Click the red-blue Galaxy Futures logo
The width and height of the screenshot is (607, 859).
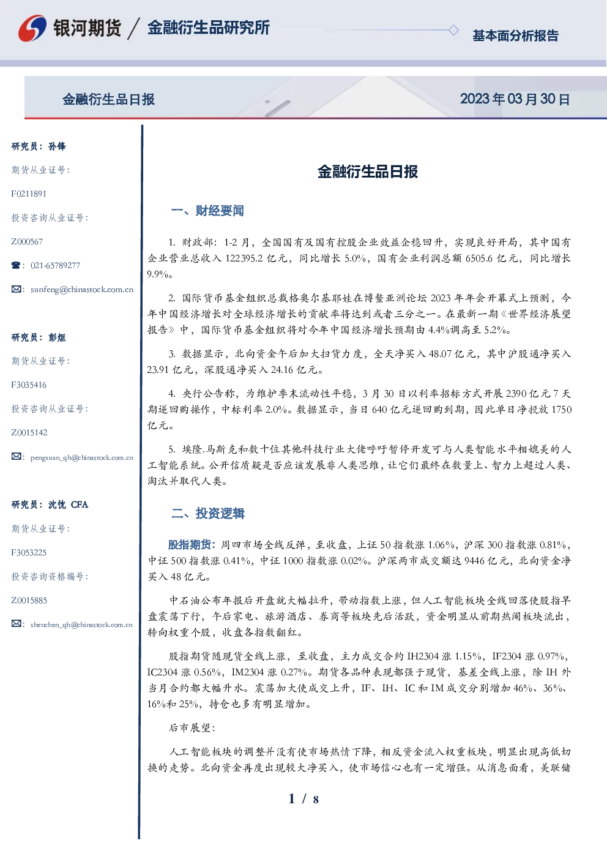(32, 28)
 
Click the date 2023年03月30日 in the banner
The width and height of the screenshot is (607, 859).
(515, 99)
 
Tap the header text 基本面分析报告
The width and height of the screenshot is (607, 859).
(515, 36)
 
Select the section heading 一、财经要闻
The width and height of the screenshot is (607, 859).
(207, 211)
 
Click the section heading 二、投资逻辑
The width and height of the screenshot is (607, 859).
(207, 513)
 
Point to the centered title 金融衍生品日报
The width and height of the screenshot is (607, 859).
(368, 171)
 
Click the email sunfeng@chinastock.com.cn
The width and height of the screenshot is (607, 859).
(82, 290)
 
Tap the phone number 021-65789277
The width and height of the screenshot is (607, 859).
(55, 265)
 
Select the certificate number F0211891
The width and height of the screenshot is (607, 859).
(29, 193)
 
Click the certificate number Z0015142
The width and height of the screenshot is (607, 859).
(29, 433)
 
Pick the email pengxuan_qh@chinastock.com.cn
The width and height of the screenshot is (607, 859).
(82, 457)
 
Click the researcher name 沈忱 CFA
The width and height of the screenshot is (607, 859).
(68, 505)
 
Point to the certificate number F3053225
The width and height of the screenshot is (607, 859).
(29, 553)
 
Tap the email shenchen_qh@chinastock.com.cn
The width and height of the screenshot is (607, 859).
(81, 625)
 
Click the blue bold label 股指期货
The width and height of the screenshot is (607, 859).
(189, 544)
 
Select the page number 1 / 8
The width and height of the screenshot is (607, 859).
(303, 799)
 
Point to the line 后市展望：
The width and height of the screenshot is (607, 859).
(192, 727)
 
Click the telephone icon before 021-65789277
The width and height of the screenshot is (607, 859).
(16, 265)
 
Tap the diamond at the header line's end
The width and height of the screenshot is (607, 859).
(453, 30)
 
